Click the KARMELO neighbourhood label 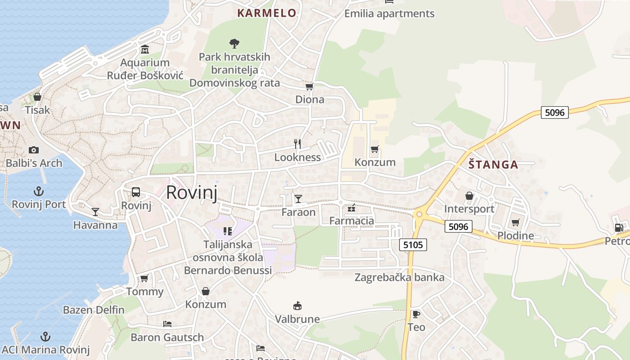coord(267,13)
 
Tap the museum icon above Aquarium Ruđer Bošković coord(145,49)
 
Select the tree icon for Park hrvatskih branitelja coord(234,43)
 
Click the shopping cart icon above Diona coord(309,86)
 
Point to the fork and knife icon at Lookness coord(297,144)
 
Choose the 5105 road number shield coord(413,245)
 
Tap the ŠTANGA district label coord(493,165)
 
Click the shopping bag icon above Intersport coord(469,196)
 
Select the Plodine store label coord(516,235)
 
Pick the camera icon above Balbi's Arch coord(34,150)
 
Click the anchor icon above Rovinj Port coord(39,191)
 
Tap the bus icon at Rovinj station coord(136,192)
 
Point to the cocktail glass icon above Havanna coord(95,211)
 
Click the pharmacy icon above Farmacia coord(352,207)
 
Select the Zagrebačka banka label coord(400,277)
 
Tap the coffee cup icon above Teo coord(416,314)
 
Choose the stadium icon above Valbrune coord(297,306)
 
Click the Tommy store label coord(145,292)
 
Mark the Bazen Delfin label coord(94,310)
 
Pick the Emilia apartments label coord(389,13)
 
